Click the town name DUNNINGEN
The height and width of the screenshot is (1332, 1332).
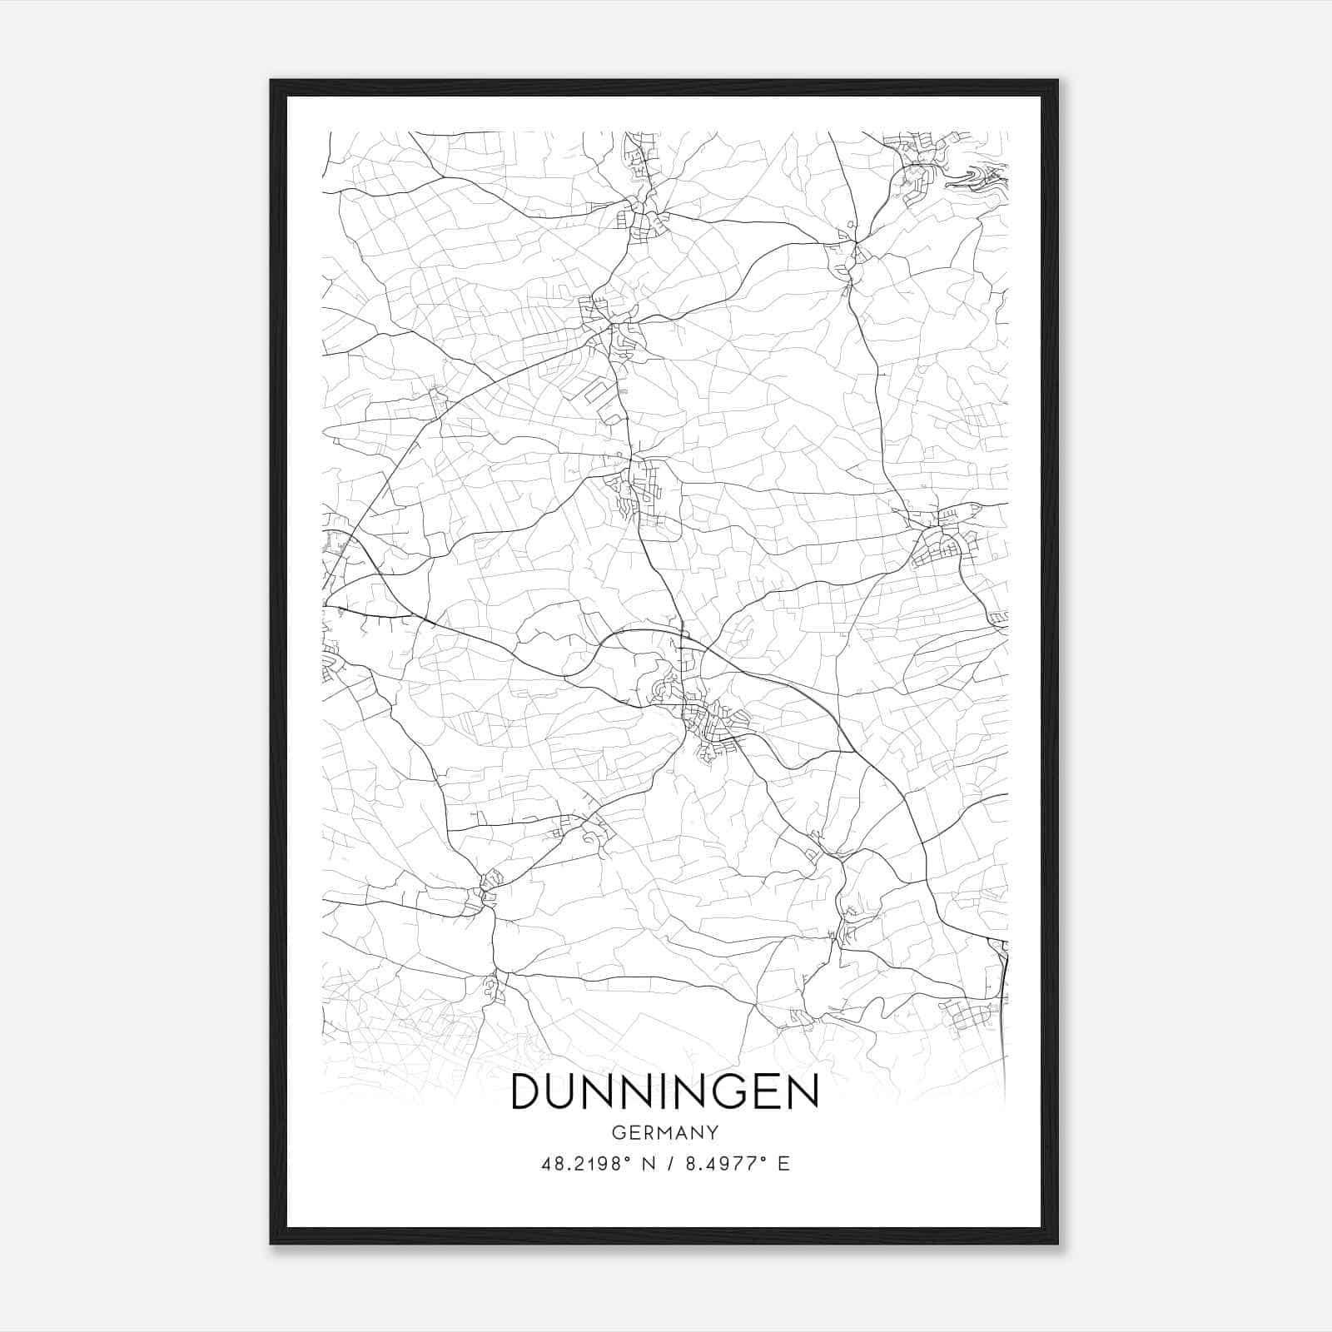[x=665, y=1091]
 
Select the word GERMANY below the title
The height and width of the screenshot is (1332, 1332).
[x=665, y=1132]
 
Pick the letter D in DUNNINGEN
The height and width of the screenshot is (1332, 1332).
[x=528, y=1091]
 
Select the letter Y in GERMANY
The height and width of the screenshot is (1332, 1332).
[x=713, y=1132]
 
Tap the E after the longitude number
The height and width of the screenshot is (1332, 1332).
[x=783, y=1164]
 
